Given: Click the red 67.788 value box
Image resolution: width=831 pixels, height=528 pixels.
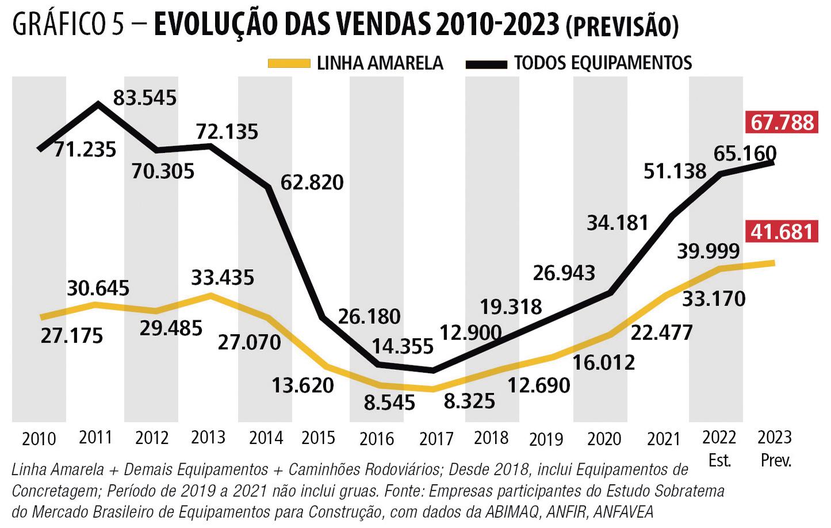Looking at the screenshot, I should click(783, 123).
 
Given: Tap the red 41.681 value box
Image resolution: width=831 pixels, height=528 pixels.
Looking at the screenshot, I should click(782, 231).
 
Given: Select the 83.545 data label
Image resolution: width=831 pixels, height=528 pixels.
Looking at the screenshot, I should click(144, 98).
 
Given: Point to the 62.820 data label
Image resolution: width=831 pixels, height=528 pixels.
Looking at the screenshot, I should click(312, 182).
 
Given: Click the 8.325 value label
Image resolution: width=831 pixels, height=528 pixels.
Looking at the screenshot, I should click(469, 401).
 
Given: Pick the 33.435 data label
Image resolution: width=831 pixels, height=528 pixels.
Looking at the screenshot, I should click(223, 278).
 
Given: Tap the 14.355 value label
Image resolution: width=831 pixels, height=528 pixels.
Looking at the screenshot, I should click(403, 346).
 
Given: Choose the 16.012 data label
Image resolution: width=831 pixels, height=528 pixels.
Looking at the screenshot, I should click(604, 362).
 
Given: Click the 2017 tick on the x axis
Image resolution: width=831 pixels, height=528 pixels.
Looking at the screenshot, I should click(436, 439).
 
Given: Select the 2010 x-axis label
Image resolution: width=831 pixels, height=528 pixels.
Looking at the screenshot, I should click(39, 439).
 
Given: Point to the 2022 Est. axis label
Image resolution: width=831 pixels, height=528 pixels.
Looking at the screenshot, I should click(719, 449).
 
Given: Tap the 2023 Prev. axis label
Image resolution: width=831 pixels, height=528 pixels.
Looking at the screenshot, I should click(775, 449).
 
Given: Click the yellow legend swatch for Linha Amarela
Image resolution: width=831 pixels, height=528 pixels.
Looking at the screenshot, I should click(289, 64).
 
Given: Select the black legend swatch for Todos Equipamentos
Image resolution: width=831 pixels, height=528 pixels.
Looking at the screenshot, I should click(486, 64).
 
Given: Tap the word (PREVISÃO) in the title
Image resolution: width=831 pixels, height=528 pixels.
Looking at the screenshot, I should click(622, 26).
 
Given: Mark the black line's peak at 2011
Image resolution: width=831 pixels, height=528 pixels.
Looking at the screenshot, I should click(98, 104).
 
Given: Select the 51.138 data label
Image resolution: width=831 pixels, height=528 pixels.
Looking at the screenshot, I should click(675, 171).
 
